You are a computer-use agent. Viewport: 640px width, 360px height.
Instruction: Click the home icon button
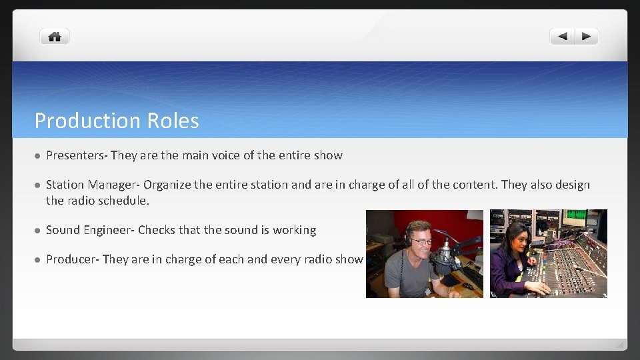click(x=55, y=37)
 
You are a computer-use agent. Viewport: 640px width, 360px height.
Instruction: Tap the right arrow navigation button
click(x=586, y=37)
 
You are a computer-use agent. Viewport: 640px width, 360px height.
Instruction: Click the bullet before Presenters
click(x=37, y=156)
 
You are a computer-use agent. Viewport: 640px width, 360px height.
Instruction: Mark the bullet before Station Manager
click(x=37, y=185)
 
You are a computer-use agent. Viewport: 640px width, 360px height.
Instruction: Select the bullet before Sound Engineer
click(x=37, y=231)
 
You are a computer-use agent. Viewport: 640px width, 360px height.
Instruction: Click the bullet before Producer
click(x=37, y=260)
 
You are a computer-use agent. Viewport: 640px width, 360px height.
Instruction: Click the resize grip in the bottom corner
click(x=619, y=345)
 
